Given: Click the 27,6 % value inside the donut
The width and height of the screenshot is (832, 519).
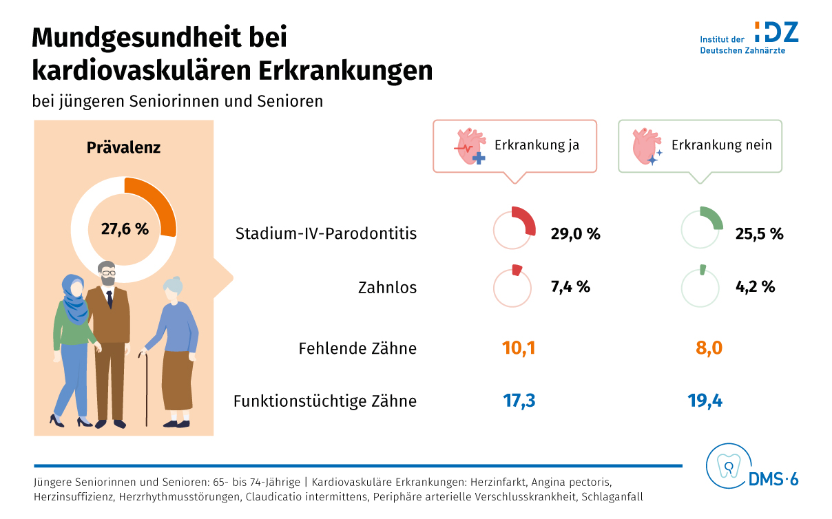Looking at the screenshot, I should (x=125, y=229).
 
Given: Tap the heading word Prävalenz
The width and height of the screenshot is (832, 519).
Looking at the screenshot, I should (x=123, y=147).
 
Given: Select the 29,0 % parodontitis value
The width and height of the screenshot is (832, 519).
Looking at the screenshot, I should (x=575, y=233).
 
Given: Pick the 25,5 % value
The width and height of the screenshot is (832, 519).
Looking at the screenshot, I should (x=758, y=233).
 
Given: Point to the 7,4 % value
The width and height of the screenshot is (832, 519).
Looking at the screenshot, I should (x=570, y=286).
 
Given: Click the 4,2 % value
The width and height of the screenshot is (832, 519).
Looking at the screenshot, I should (x=755, y=286).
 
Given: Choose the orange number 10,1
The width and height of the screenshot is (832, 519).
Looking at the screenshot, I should (x=519, y=348).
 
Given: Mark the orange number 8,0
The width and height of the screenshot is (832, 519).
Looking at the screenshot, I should (x=709, y=348).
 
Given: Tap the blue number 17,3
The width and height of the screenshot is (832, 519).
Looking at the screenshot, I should (x=519, y=401).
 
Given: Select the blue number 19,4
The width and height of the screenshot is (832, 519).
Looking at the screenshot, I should (x=705, y=401).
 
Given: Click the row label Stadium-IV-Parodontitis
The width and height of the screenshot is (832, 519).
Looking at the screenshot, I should (x=326, y=233).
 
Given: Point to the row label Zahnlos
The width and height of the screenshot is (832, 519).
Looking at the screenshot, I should (x=387, y=287).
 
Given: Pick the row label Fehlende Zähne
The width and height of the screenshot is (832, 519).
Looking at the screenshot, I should (x=357, y=348).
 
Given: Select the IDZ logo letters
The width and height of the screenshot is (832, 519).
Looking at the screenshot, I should (x=776, y=32).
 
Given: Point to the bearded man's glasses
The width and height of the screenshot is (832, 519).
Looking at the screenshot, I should (x=109, y=273).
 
